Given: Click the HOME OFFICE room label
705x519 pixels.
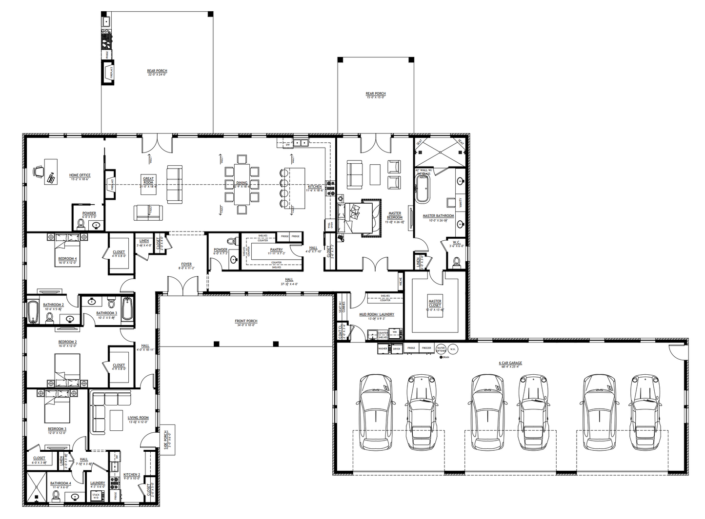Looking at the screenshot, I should coord(80,175).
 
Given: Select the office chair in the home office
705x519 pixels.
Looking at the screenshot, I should coord(39,171).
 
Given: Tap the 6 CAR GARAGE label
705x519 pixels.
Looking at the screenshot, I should coord(510,363).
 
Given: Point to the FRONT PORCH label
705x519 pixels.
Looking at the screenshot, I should coord(246,321).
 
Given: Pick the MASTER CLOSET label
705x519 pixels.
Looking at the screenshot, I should coord(435,303).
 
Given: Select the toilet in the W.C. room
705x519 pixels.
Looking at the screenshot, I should coord(457,262).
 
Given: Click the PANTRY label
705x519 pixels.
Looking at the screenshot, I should coord(276,250).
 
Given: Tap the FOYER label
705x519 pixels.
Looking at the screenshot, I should coord(186,264).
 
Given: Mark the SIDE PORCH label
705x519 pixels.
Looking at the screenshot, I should coord(166,442).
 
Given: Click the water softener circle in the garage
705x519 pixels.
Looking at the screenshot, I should coord(441,349).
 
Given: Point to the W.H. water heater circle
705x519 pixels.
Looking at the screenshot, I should coord(453,349).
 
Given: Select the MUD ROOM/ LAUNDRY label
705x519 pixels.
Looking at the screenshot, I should coord(376,314).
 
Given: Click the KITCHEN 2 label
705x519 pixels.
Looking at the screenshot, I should coord(131,474).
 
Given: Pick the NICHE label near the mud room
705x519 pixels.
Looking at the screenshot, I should coord(401,282).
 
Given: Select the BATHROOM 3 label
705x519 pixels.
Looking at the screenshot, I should coord(106,313).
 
